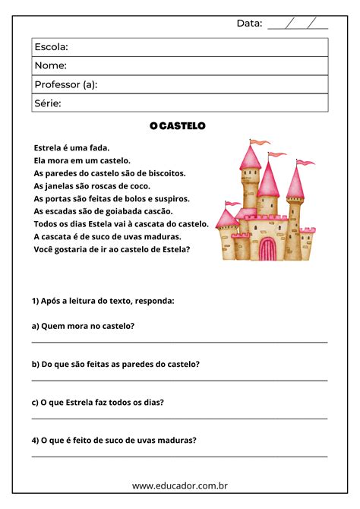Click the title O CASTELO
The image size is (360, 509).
click(178, 125)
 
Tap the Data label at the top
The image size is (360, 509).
click(249, 23)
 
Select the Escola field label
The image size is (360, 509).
click(52, 47)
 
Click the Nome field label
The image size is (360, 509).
click(50, 65)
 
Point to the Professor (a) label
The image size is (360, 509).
click(66, 84)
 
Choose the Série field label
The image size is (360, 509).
click(48, 103)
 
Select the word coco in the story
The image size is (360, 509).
click(140, 186)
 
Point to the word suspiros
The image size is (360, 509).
click(172, 198)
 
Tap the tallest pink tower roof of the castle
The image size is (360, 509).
click(250, 157)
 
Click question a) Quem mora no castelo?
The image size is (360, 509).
click(84, 326)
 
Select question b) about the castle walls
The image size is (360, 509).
click(115, 364)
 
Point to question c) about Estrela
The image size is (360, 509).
click(98, 402)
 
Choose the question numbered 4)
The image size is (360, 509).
click(114, 440)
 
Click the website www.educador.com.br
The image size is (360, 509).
click(180, 485)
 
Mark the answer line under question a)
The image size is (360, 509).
click(180, 343)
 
